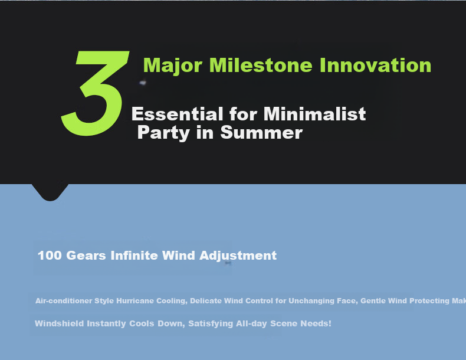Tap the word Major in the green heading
click(x=173, y=66)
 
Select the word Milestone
click(x=261, y=65)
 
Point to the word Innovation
click(x=375, y=65)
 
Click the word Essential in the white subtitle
click(x=177, y=114)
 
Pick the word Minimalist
click(x=314, y=114)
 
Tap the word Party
click(x=163, y=133)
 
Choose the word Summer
click(x=261, y=133)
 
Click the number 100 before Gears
click(x=50, y=256)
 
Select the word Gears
click(x=86, y=256)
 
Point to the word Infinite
click(x=134, y=256)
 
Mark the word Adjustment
click(x=238, y=256)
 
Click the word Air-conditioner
click(x=64, y=301)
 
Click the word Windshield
click(x=60, y=323)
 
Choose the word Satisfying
click(x=211, y=324)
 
